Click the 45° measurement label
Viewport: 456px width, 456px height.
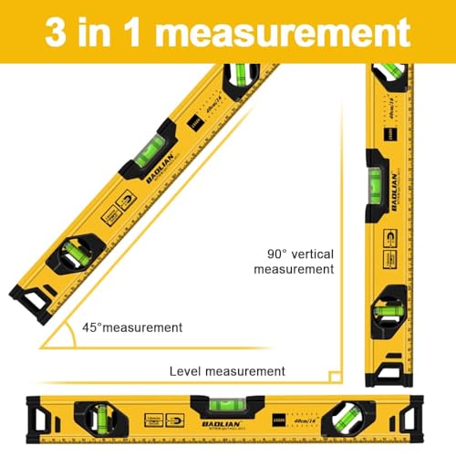(x=132, y=327)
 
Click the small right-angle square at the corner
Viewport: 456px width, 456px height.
(x=335, y=376)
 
